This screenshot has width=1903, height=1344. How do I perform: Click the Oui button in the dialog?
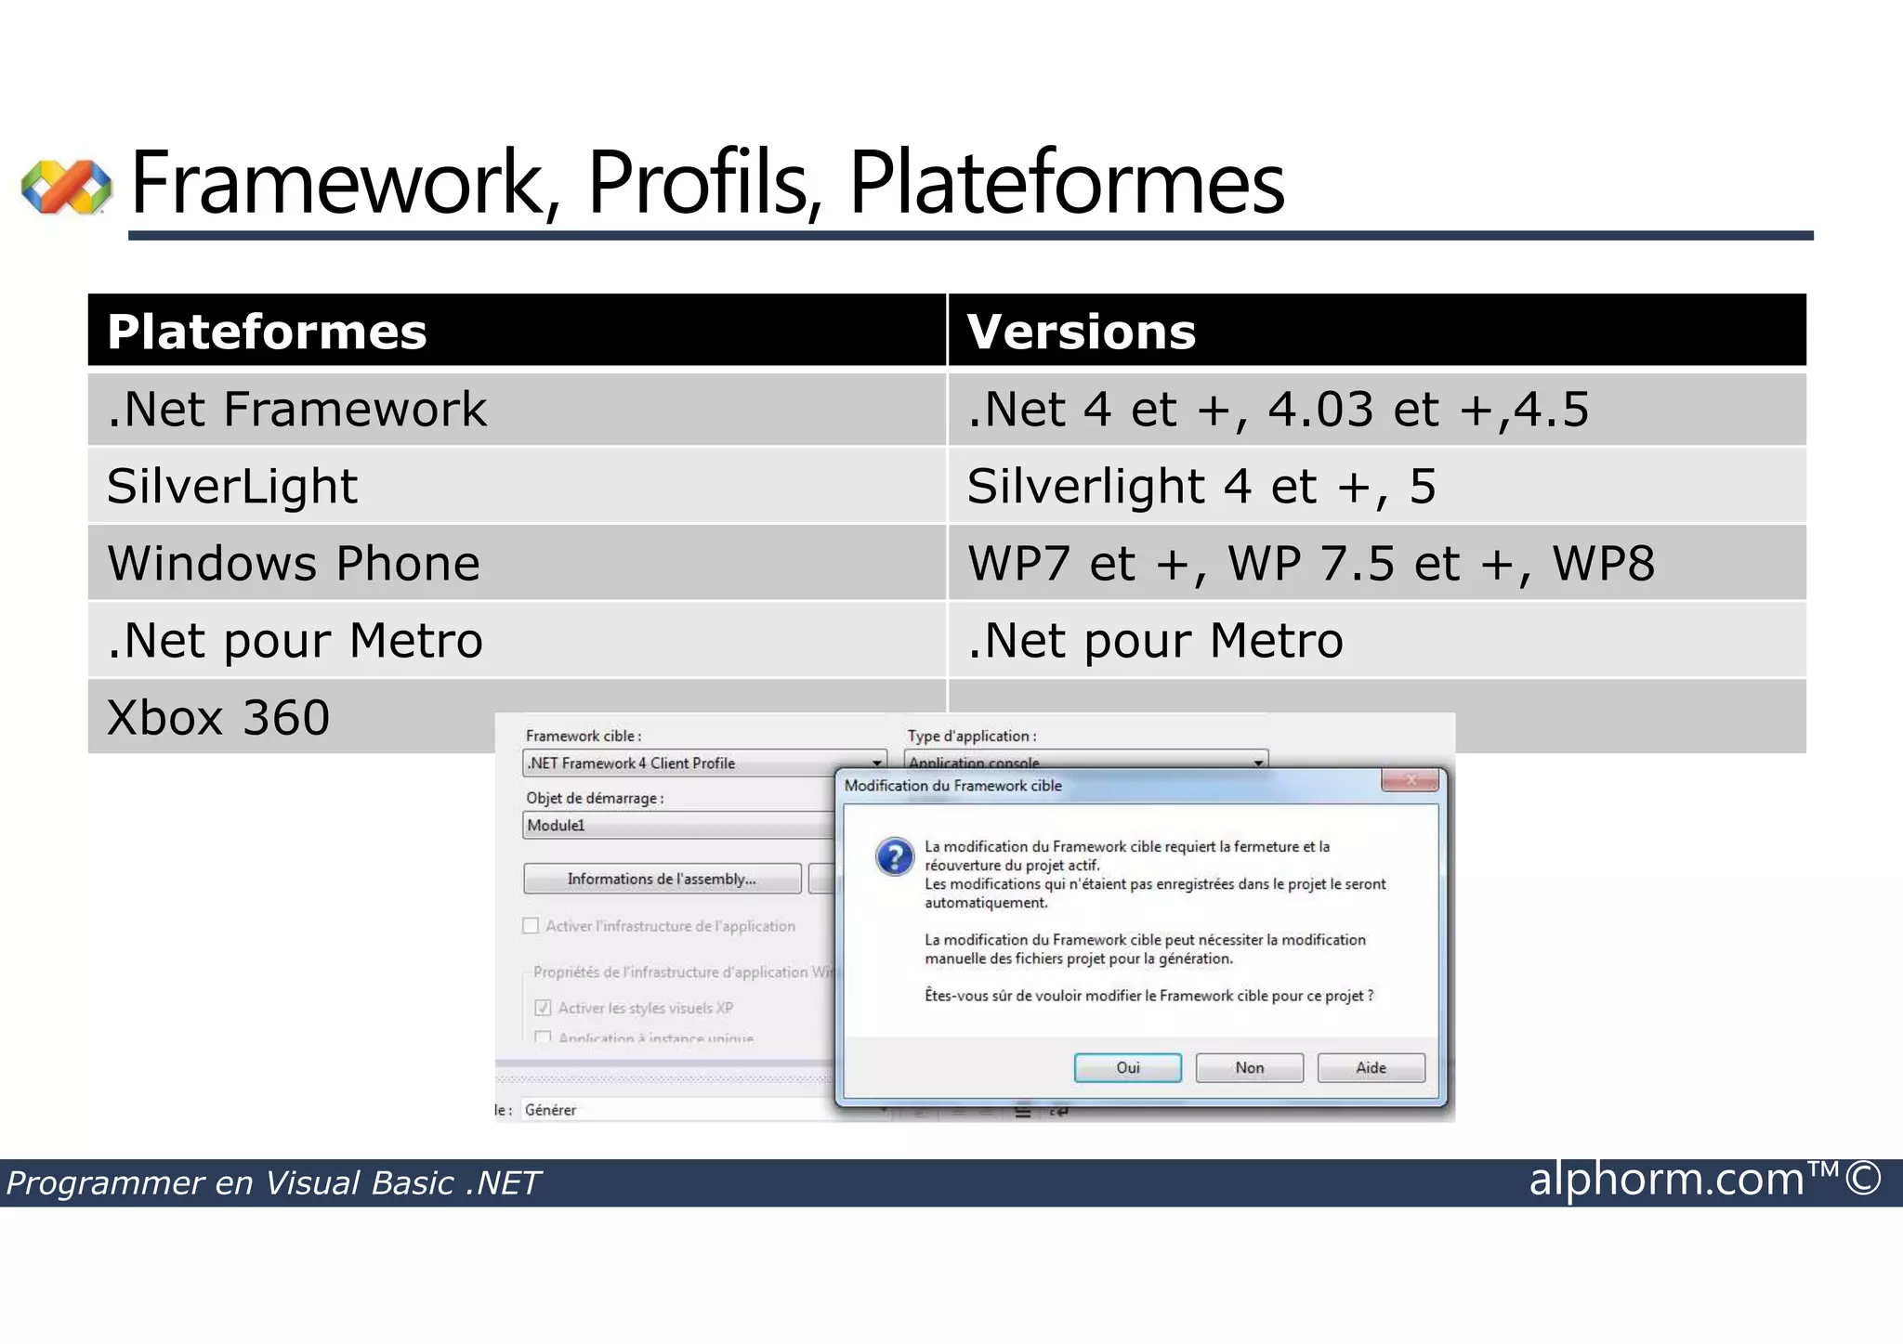1127,1067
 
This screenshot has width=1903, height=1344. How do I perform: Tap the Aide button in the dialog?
1371,1067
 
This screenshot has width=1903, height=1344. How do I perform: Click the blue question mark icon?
895,856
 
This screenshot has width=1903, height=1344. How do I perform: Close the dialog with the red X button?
1410,780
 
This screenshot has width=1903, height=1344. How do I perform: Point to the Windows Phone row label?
294,563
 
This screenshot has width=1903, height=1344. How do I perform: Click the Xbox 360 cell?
219,717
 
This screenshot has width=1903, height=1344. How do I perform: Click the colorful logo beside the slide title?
66,186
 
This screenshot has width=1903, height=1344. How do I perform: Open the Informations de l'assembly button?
662,879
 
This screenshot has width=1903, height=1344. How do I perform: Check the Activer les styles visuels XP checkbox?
544,1008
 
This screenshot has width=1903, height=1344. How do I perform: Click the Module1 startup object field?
678,825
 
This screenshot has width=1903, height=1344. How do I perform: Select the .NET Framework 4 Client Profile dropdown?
703,763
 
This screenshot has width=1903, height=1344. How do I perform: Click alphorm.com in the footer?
1666,1180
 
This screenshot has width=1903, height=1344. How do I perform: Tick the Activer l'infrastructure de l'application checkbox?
532,925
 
